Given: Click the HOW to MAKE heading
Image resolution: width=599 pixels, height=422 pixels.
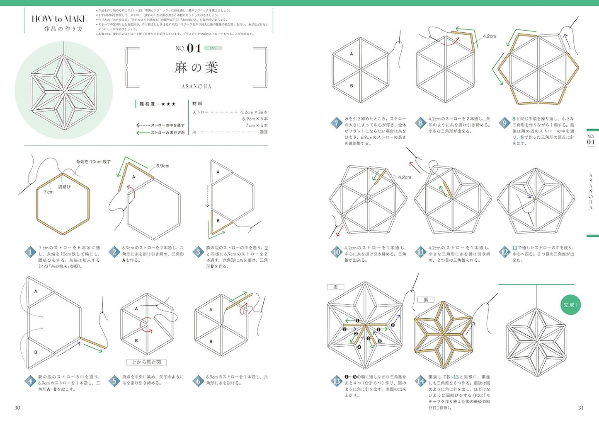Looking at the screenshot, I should point(59,19).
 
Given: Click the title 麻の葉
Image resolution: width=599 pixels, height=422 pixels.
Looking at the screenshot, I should point(196,68).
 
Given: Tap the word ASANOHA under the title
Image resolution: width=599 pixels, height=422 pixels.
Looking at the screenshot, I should point(196,87).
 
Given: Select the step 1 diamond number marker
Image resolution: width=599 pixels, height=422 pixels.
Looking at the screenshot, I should point(30,252).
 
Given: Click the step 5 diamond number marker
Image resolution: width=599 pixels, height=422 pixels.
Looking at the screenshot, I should point(114,381).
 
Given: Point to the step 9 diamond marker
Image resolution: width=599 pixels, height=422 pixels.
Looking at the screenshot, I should point(504,123).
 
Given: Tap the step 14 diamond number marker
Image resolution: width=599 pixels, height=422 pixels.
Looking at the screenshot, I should point(420,381).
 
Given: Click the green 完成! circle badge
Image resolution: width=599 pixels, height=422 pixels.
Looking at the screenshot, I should point(570,305).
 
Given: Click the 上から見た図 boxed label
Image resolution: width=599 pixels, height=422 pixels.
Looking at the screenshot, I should point(146,362).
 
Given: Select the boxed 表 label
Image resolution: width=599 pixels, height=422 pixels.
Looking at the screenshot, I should point(335,287).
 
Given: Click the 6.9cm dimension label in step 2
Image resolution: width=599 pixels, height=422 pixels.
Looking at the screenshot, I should point(162,166).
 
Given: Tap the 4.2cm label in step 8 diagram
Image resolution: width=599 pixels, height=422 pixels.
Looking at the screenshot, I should point(489,36).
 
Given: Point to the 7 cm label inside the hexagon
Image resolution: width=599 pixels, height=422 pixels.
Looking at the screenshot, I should point(49,192).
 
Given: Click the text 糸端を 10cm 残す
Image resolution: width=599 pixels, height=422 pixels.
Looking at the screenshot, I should point(93,162).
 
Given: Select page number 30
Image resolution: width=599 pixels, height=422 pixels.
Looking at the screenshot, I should point(17,408).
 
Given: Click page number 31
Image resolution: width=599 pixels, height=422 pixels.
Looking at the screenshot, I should point(581,408).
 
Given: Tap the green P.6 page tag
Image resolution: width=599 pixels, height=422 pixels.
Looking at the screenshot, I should point(213,48).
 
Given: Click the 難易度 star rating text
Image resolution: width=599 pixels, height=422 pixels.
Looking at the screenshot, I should point(158,104).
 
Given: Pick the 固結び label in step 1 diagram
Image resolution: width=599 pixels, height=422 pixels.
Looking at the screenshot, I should point(64,187).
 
